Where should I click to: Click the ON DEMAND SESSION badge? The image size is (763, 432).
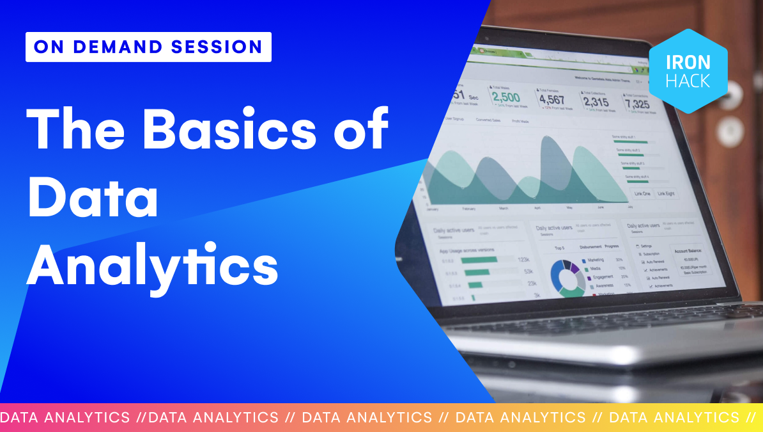148,47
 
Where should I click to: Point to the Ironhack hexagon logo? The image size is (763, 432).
688,71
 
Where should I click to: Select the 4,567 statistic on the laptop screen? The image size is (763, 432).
551,100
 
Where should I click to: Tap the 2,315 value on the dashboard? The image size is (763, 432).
596,102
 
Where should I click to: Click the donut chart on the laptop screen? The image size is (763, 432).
564,276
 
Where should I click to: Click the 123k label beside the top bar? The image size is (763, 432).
524,260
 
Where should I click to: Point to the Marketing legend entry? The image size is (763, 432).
595,260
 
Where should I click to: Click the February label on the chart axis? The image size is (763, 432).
468,209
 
